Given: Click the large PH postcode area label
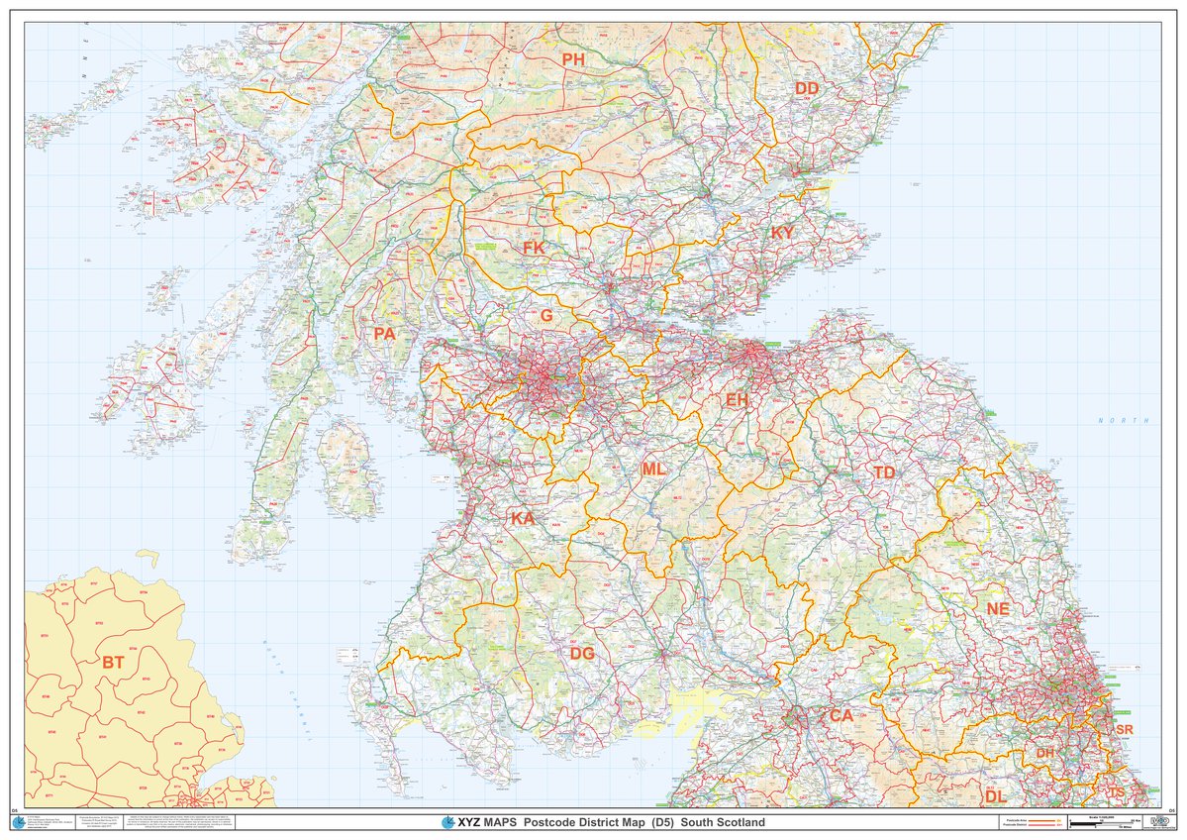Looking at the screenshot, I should coord(573,60).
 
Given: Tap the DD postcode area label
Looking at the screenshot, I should coord(807,89).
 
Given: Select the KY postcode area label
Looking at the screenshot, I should coord(782,233).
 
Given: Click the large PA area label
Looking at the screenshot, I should coord(384,335).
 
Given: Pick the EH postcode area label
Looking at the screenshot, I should coord(737,400).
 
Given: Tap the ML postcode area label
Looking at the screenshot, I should coord(653,470).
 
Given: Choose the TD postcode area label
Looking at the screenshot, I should coord(884,473).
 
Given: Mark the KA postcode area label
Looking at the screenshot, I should coord(522,519).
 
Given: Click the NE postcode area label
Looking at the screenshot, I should coord(997,609).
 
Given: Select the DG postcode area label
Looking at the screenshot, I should coord(582,654).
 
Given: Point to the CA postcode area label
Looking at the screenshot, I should coord(841,715).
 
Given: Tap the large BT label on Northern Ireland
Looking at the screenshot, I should coord(113,662).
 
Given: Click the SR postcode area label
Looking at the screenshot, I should coord(1124,729).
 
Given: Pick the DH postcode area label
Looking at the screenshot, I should coord(1045,754).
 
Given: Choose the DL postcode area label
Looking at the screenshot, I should coord(995,796).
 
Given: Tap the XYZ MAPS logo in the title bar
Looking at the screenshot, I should coord(468,823).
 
